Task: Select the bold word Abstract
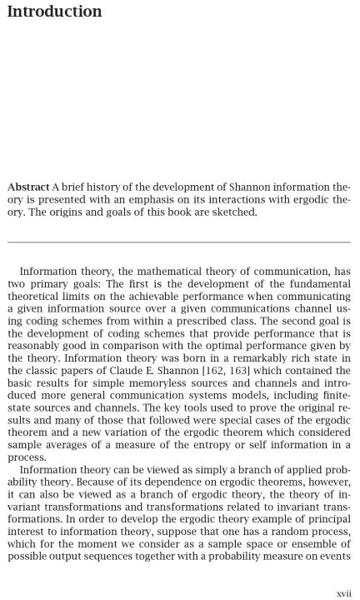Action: [27, 187]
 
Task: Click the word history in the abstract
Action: [94, 187]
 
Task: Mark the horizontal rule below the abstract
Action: [179, 242]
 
